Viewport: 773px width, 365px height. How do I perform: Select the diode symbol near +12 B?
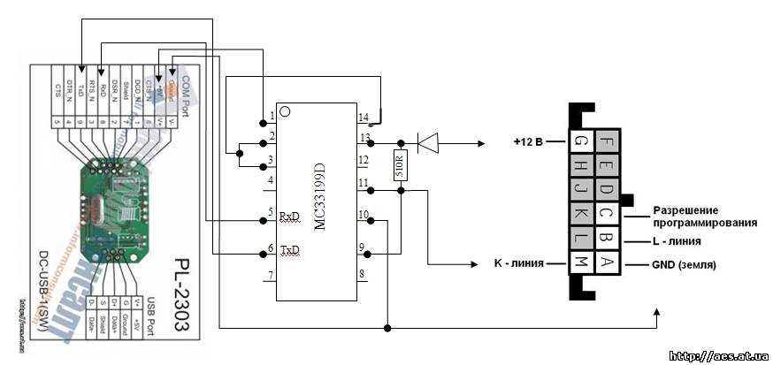428,141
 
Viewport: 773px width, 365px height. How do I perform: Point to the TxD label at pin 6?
290,250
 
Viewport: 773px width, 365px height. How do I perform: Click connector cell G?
580,141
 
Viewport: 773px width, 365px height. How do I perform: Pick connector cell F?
606,141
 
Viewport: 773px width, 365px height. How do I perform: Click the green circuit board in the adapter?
111,198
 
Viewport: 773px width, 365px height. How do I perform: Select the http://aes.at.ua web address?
717,355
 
